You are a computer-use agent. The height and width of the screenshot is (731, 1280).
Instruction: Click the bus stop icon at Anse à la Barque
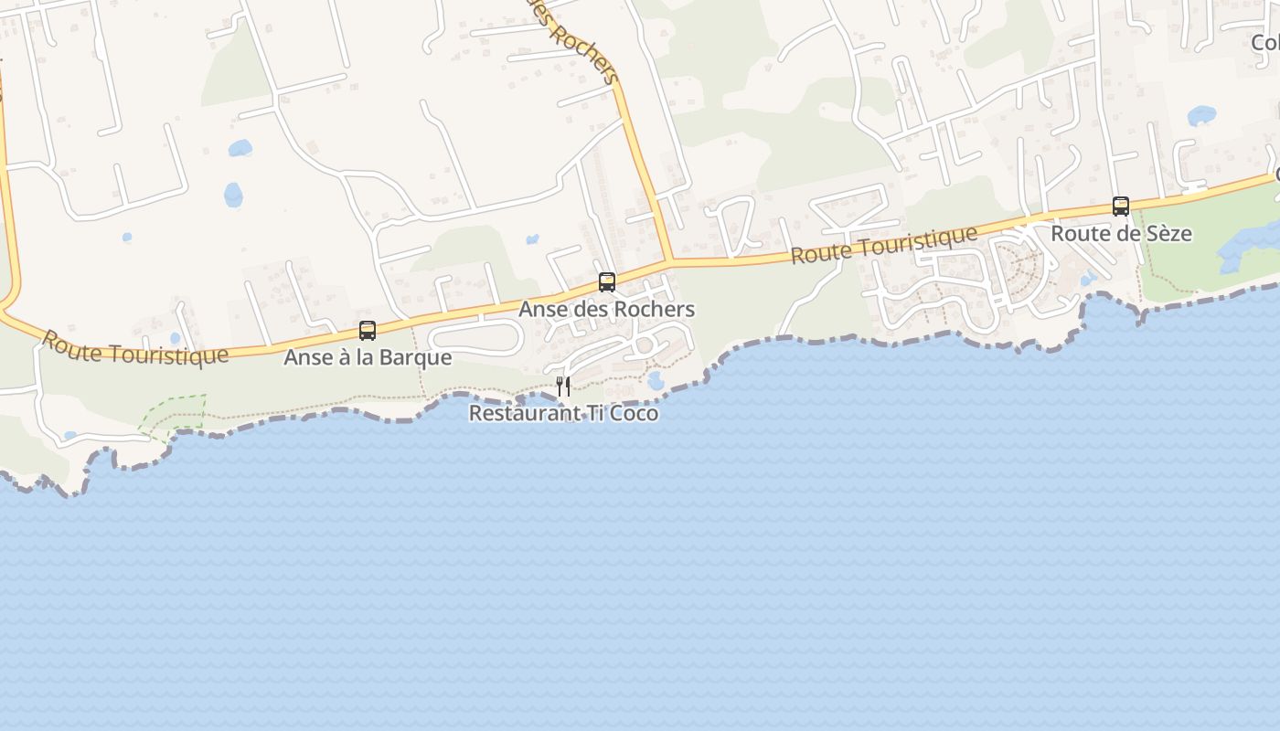click(x=368, y=331)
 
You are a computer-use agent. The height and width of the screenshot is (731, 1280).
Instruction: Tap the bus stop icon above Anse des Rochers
click(x=607, y=282)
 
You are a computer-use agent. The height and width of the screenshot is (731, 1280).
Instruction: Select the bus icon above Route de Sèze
click(x=1121, y=207)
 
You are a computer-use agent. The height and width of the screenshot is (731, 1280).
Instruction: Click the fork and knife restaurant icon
click(x=563, y=387)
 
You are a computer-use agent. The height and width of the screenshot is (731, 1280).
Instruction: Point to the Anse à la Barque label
click(x=368, y=357)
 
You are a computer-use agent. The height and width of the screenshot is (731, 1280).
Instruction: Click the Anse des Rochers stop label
click(x=607, y=310)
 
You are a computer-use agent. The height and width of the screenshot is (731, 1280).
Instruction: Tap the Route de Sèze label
click(x=1121, y=234)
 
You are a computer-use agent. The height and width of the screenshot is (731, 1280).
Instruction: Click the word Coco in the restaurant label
click(x=635, y=413)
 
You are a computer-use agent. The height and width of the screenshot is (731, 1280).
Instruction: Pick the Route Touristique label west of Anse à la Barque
click(x=135, y=348)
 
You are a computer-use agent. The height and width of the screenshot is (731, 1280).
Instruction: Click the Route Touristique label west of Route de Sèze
click(x=883, y=246)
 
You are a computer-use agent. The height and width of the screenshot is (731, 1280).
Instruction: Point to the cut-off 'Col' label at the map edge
click(x=1265, y=43)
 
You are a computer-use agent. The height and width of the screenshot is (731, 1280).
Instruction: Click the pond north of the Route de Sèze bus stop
click(x=1201, y=116)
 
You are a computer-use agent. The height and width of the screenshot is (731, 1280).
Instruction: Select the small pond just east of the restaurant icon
click(x=656, y=380)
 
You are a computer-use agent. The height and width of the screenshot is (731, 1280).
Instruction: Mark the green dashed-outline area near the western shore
click(x=174, y=413)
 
